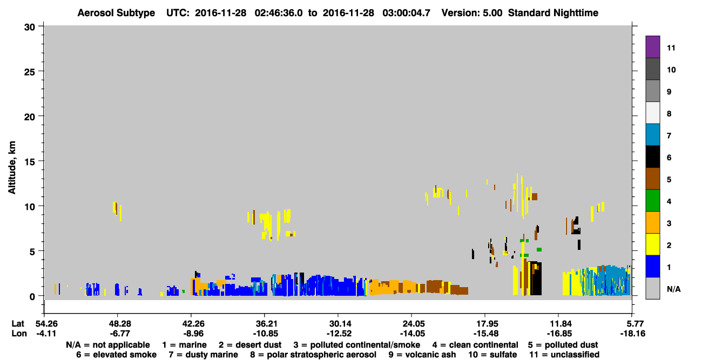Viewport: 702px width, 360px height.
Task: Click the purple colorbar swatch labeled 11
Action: (652, 46)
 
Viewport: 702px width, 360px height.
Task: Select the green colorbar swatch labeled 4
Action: (652, 201)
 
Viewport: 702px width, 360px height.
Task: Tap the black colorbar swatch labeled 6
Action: (652, 157)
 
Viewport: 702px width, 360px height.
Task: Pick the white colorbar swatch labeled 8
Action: (652, 113)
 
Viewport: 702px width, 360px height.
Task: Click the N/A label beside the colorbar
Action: (673, 289)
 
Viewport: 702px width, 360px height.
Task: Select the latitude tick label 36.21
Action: (265, 324)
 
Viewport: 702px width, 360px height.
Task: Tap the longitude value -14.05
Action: (412, 334)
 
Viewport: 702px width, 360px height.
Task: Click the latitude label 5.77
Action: (632, 324)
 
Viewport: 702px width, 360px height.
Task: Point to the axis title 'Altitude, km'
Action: (12, 168)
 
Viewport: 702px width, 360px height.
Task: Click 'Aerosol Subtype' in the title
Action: (116, 13)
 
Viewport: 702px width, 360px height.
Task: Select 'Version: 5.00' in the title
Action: (471, 13)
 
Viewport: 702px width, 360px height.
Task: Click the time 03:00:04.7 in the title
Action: (406, 13)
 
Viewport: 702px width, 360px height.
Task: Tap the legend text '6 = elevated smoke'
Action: (116, 355)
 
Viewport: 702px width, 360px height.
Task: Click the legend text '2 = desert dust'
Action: (250, 345)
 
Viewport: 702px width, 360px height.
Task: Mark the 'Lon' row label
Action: (19, 334)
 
